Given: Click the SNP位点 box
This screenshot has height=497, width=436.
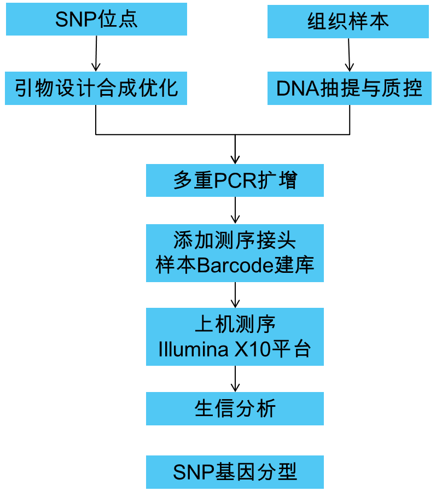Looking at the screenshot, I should point(96,19).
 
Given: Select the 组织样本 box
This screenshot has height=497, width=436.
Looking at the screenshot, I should point(348,22).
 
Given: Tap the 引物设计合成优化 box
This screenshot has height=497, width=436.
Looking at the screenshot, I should point(96,88).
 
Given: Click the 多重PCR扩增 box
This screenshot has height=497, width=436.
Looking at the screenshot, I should point(235,180).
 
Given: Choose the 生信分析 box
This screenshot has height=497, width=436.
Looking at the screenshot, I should point(235,408).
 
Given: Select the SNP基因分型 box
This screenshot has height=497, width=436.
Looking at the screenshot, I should point(235,472).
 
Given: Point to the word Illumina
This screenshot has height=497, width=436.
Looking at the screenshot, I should point(193,350).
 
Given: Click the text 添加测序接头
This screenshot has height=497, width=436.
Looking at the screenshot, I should point(235,241).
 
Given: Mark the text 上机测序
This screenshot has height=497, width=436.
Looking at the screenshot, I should point(235,325).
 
